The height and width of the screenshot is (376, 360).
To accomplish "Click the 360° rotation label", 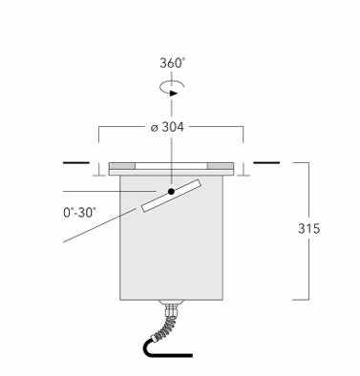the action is (x=172, y=63).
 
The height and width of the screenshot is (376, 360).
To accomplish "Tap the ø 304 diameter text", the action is (x=167, y=127).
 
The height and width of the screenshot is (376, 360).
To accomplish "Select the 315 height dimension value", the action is (x=308, y=228).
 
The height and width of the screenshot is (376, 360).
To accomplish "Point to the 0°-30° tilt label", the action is (x=79, y=213).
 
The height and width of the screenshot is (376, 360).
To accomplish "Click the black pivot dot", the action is (x=171, y=191).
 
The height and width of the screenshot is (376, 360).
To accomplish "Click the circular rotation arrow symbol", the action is (x=172, y=89).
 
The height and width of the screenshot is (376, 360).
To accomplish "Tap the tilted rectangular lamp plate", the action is (x=171, y=195).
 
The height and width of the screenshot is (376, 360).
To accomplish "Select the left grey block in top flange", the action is (x=122, y=166).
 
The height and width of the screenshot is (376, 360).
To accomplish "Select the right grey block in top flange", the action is (x=221, y=166).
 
